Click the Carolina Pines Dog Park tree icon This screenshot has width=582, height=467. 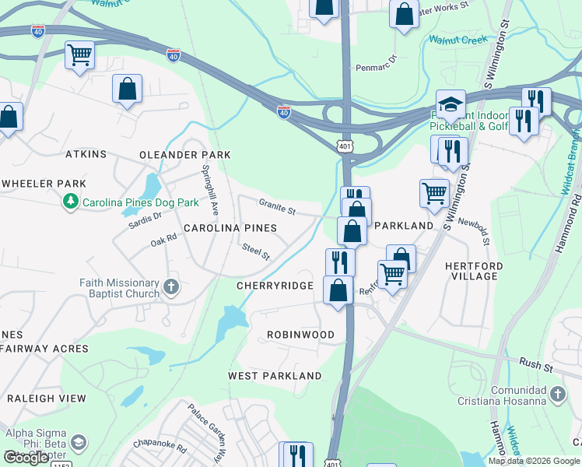point(71,202)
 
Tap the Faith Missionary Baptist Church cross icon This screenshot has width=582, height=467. point(172,288)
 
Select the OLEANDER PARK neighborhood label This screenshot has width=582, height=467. point(185,155)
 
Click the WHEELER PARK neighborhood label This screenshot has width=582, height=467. point(44,184)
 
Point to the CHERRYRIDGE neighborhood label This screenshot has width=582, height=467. point(275,286)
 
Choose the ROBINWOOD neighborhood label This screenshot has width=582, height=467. point(300,335)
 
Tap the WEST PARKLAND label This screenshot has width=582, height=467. point(275,376)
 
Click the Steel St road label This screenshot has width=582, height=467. point(255,251)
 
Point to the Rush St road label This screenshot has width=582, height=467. point(535,363)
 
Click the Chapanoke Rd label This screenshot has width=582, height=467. point(160,449)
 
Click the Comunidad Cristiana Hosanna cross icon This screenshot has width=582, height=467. point(558,395)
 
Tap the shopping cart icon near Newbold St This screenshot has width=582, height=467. point(434,191)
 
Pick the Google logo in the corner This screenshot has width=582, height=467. point(26,458)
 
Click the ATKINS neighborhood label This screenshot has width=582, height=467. point(86,154)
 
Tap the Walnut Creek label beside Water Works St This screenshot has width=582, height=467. point(458,39)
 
